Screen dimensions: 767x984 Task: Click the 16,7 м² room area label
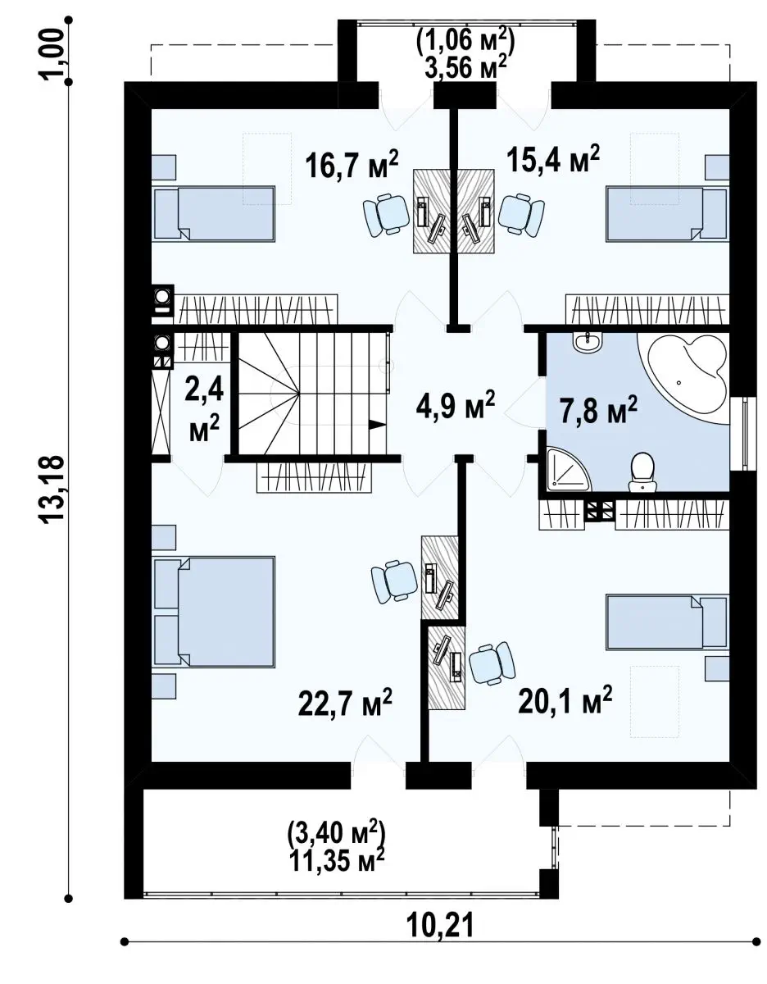pyautogui.click(x=352, y=165)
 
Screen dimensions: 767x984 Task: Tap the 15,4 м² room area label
pyautogui.click(x=553, y=159)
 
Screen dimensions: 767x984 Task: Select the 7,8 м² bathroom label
pyautogui.click(x=598, y=409)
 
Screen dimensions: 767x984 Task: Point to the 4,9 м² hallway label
pyautogui.click(x=456, y=404)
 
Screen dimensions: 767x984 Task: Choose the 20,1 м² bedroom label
pyautogui.click(x=565, y=699)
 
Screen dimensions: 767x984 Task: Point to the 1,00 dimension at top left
pyautogui.click(x=53, y=54)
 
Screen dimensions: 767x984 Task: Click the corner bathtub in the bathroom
pyautogui.click(x=683, y=379)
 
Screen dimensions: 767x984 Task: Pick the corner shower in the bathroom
pyautogui.click(x=569, y=469)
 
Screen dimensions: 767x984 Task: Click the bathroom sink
pyautogui.click(x=587, y=342)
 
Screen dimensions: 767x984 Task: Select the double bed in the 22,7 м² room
pyautogui.click(x=215, y=612)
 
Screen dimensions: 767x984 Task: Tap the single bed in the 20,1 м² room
pyautogui.click(x=667, y=622)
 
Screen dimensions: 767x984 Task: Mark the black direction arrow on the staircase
pyautogui.click(x=378, y=425)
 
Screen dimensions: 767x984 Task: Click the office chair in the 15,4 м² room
pyautogui.click(x=521, y=214)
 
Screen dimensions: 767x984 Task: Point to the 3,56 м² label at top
pyautogui.click(x=465, y=68)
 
